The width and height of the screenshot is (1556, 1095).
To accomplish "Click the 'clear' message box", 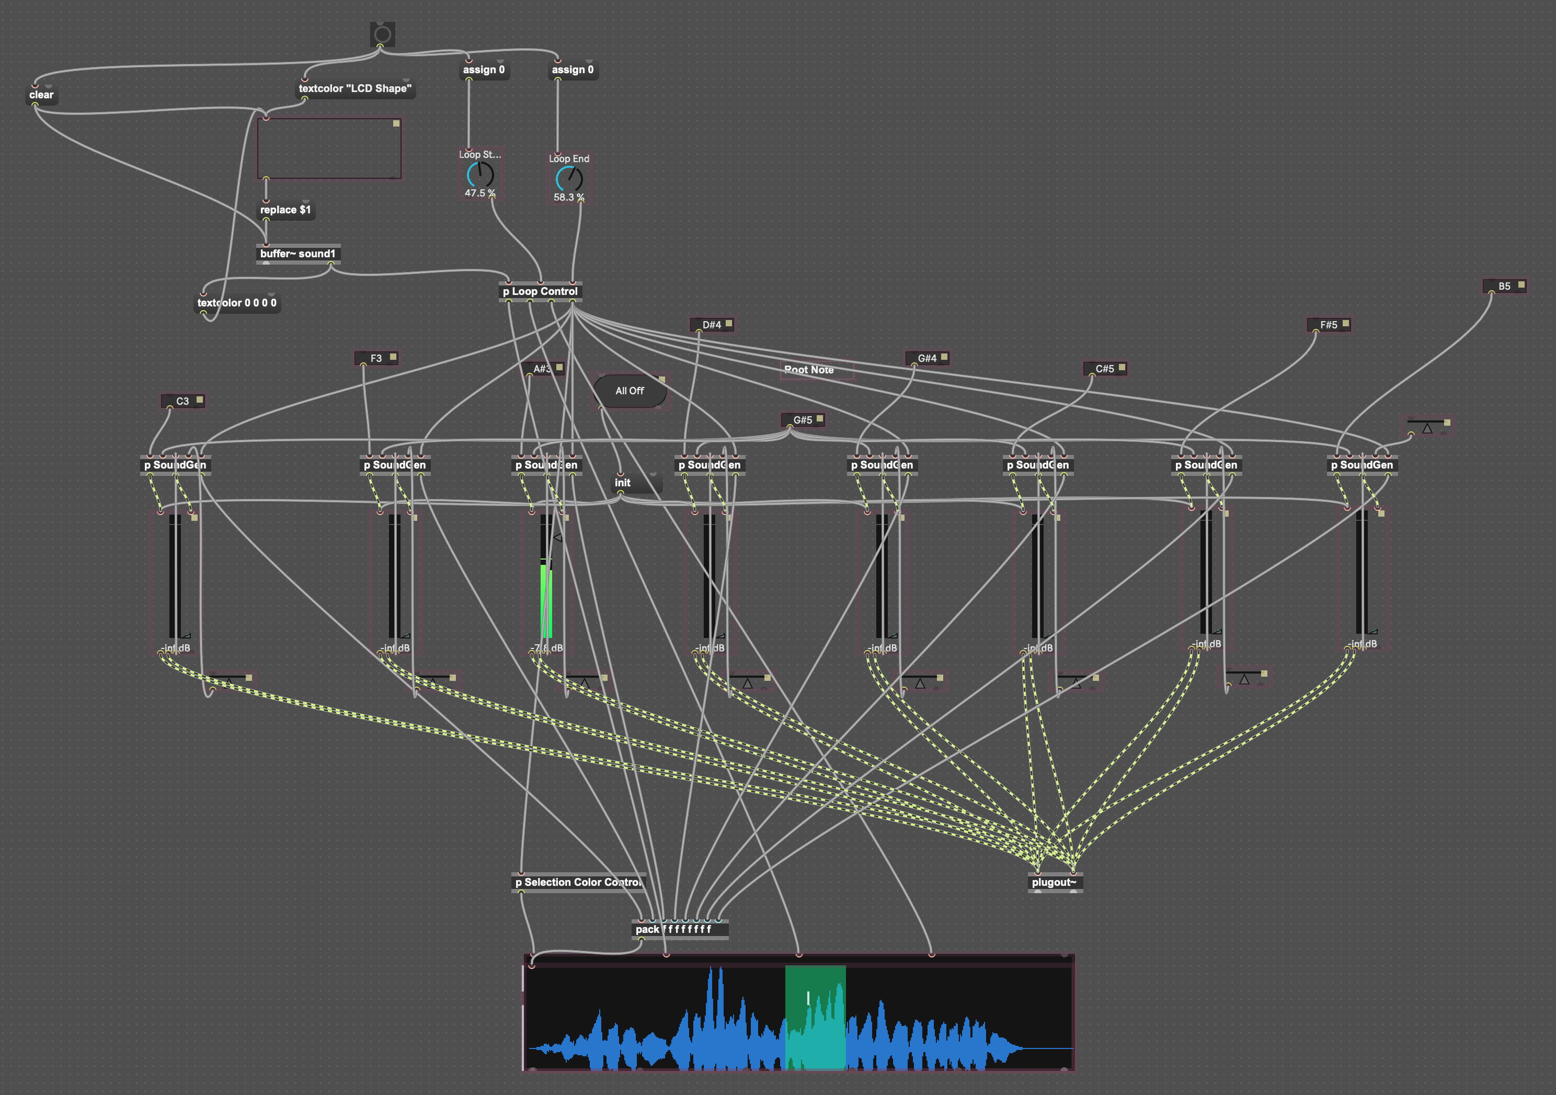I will pos(41,95).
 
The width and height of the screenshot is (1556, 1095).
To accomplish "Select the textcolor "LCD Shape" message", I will pos(355,89).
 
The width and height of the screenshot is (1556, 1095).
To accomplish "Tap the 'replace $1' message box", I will pos(285,210).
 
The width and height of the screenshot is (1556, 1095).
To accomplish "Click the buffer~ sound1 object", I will pos(298,254).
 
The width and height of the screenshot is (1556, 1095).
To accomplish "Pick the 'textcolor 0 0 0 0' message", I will pos(236,303).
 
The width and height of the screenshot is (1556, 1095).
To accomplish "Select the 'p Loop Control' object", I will pos(540,291).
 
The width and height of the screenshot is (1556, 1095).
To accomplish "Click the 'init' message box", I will pos(623,483).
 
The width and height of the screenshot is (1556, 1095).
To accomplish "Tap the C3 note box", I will pos(182,401).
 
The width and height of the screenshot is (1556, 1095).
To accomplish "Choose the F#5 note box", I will pos(1328,325).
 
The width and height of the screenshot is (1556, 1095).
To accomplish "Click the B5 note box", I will pos(1503,287).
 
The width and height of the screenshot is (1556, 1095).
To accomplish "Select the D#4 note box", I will pos(711,325).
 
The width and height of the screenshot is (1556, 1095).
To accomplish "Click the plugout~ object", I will pos(1054,882).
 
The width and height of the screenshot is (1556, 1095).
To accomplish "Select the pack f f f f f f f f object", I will pos(673,929).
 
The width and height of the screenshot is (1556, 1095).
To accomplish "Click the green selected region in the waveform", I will pos(815,1017).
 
